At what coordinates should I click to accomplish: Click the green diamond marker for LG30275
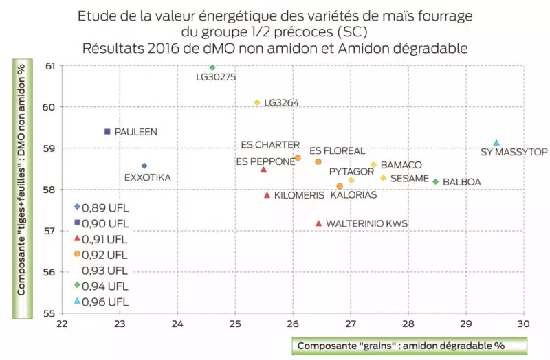click(212, 67)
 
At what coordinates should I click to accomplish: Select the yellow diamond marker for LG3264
click(257, 102)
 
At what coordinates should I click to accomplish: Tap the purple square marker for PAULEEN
click(107, 131)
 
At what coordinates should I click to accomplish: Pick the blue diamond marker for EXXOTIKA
click(144, 166)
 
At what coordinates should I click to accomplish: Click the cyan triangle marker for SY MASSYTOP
click(496, 143)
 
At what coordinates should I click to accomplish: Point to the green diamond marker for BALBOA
click(436, 181)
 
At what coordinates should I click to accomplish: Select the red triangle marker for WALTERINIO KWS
click(318, 223)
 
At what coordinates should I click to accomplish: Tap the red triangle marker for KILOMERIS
click(267, 195)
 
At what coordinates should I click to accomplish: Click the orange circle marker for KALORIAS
click(340, 186)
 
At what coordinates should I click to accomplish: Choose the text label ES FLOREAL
click(337, 151)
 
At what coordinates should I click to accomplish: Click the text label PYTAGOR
click(351, 170)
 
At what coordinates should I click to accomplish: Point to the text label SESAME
click(410, 179)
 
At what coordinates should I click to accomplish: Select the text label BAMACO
click(401, 166)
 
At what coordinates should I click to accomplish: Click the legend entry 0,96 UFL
click(105, 302)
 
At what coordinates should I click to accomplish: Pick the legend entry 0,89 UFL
click(105, 207)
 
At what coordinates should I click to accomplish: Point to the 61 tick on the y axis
click(50, 66)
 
